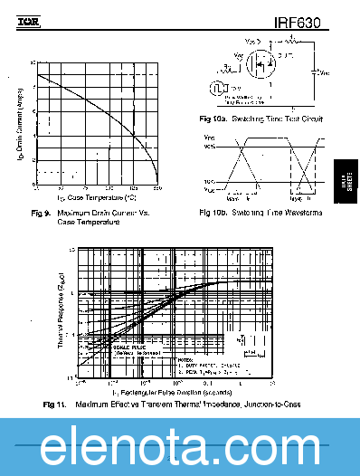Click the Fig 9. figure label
[x=42, y=213]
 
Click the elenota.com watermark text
[x=180, y=447]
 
